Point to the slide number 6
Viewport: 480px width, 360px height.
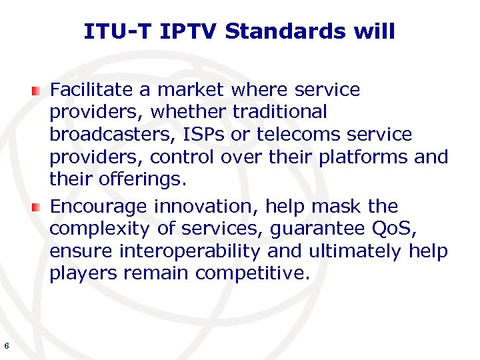[x=6, y=345]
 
